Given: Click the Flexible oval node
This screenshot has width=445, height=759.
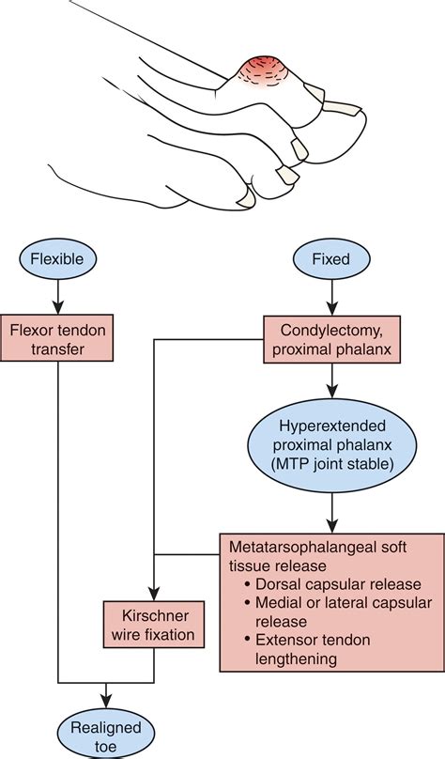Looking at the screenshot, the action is coord(57,258).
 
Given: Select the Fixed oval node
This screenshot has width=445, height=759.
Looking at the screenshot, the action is coord(331,258).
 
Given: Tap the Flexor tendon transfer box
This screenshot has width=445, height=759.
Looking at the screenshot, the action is coord(57,338).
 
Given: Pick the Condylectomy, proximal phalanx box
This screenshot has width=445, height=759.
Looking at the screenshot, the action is coord(331,339).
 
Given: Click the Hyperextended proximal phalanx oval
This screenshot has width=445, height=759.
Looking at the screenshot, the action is coord(331,445).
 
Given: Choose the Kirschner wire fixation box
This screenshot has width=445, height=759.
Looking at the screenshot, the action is coord(153,625).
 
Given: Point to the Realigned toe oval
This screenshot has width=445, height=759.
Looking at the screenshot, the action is coord(105,736).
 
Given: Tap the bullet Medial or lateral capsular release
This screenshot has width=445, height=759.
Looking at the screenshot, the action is coord(338,612).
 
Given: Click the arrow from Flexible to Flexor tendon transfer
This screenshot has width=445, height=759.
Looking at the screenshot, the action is coord(57,296).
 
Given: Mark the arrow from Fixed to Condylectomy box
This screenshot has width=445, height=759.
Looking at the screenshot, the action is coord(331,297).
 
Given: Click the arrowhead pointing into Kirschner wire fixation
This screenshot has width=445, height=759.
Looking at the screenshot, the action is coord(153,594).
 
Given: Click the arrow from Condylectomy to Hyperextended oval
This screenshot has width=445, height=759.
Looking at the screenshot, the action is coord(331,380).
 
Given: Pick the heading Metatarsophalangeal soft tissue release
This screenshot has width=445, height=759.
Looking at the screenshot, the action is coord(317,556).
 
